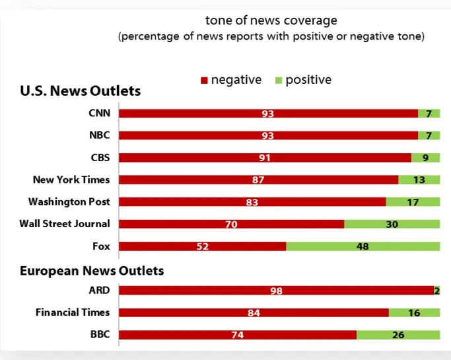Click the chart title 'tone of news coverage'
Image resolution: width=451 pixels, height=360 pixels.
point(271,20)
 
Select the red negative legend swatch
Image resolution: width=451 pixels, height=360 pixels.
point(204,81)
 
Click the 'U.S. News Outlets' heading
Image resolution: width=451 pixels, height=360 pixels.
point(80,91)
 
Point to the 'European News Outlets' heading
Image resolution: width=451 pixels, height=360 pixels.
point(92,270)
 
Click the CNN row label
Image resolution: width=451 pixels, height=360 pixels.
point(99,113)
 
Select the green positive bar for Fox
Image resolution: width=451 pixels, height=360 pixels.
point(363,246)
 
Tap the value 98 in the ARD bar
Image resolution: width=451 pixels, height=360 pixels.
point(276,291)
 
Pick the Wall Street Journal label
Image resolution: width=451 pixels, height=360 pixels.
point(65,224)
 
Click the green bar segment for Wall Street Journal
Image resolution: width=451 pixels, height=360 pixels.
point(392,224)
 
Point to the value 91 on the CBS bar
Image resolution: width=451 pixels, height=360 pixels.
point(265,158)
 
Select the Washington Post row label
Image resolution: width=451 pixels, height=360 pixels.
point(69,201)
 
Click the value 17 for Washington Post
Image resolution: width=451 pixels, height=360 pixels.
point(413,202)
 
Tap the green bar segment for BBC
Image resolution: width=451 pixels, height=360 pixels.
point(398,335)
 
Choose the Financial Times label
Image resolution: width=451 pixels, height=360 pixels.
point(73,312)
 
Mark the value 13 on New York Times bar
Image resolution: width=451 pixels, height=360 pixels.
point(419,180)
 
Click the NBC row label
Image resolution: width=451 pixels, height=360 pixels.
point(99,135)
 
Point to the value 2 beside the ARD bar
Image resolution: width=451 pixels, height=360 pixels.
point(437,291)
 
